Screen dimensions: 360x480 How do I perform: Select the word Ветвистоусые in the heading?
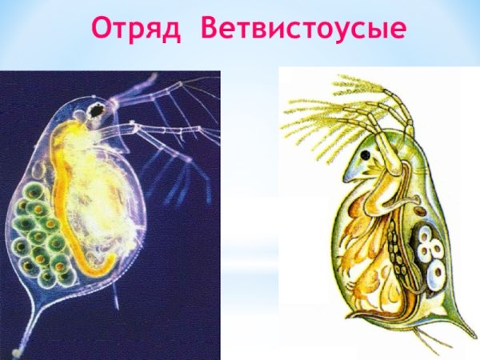pos(303,29)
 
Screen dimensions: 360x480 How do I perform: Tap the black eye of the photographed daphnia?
pos(97,110)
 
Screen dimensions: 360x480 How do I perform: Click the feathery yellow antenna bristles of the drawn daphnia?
pos(320,120)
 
